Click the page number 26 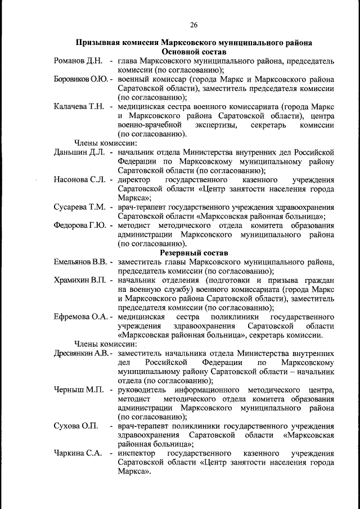pyautogui.click(x=193, y=24)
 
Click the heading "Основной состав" pyautogui.click(x=193, y=51)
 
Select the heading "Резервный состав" pyautogui.click(x=193, y=253)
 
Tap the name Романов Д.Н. pyautogui.click(x=78, y=60)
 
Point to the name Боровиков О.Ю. pyautogui.click(x=81, y=79)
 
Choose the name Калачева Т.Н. pyautogui.click(x=79, y=106)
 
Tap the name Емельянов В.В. pyautogui.click(x=82, y=262)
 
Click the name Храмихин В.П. pyautogui.click(x=81, y=280)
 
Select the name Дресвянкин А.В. pyautogui.click(x=82, y=353)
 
